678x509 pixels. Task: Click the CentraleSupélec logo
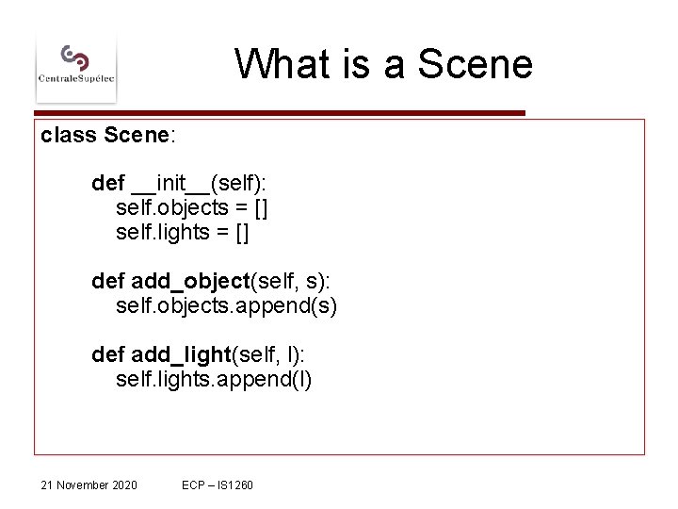(x=76, y=66)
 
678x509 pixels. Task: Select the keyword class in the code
(x=69, y=135)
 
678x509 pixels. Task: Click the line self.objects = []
(x=192, y=206)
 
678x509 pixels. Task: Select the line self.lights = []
(x=182, y=231)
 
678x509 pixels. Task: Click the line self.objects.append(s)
(x=226, y=305)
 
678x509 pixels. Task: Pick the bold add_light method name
(x=181, y=354)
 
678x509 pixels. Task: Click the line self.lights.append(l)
(x=214, y=379)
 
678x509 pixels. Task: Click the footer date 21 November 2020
(x=89, y=484)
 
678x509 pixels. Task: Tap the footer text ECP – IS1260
(x=218, y=484)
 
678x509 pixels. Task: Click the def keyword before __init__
(x=107, y=182)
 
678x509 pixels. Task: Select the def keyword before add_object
(x=107, y=281)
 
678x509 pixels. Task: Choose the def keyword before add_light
(x=107, y=354)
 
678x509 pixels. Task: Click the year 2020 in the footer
(x=123, y=484)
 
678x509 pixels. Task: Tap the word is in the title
(x=357, y=64)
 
